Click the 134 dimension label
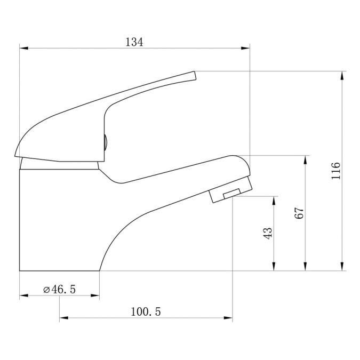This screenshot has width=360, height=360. tap(134, 42)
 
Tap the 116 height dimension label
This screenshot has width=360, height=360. tap(335, 171)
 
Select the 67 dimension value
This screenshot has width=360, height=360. tap(299, 213)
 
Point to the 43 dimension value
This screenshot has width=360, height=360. tap(268, 233)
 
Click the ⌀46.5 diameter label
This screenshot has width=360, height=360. tap(59, 289)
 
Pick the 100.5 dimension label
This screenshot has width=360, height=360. tap(146, 311)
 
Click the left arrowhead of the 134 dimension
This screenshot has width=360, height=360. tap(24, 48)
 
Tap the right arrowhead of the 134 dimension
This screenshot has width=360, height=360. tap(245, 48)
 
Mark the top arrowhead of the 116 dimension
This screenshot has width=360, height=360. tap(342, 76)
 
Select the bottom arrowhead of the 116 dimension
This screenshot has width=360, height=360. tap(342, 267)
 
